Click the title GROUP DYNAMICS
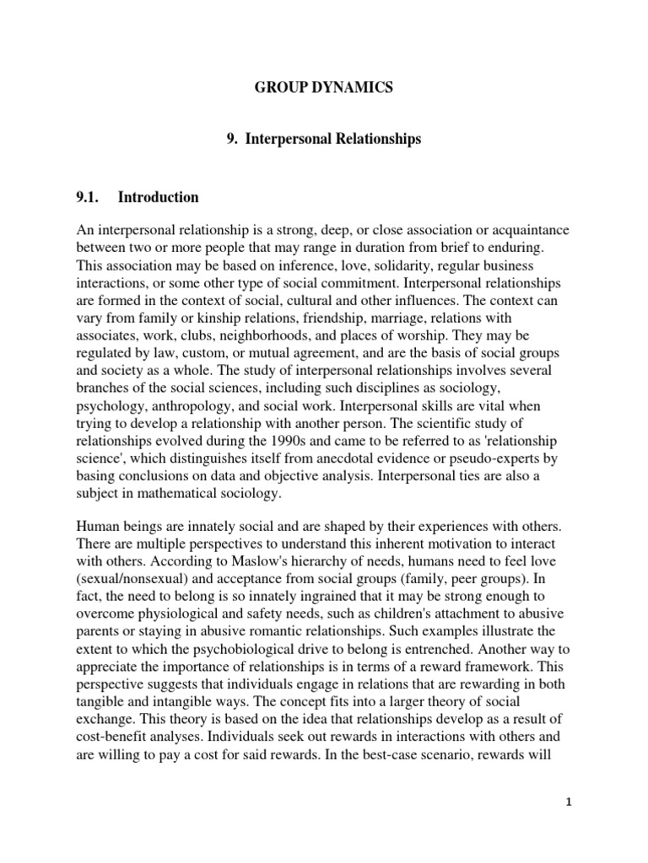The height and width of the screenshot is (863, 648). coord(324,88)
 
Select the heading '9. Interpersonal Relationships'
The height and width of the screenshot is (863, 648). coord(324,139)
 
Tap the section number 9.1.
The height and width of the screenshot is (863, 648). coord(88,198)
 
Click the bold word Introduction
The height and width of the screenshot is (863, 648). coord(159,198)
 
